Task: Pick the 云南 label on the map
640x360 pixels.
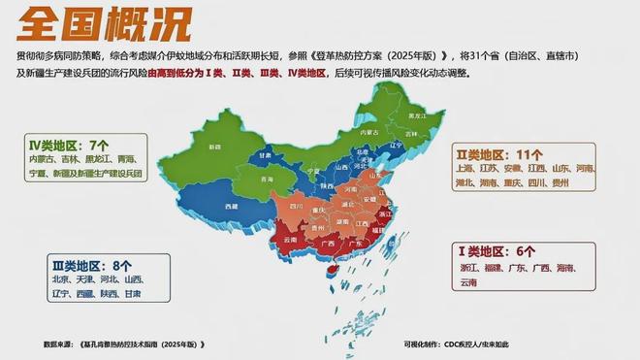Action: tap(288, 239)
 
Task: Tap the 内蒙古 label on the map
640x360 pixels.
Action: tap(368, 132)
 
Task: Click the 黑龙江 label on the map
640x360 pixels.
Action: tap(417, 115)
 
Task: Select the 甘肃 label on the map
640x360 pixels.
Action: tap(266, 154)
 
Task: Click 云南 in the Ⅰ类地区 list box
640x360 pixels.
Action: tap(469, 281)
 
